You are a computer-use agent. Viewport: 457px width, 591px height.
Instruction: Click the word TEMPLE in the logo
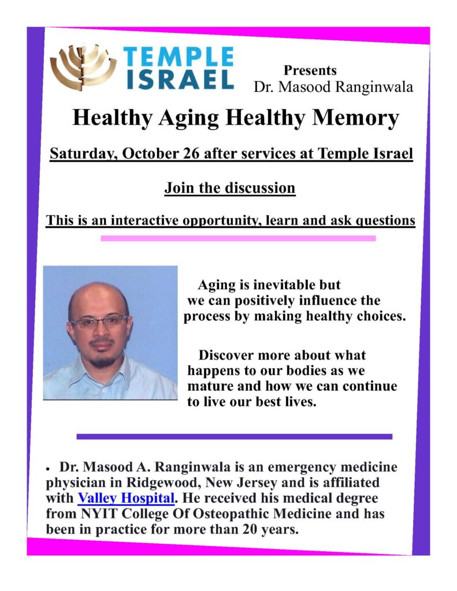[x=179, y=57]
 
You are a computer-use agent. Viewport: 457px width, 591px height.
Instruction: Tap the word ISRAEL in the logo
[x=179, y=79]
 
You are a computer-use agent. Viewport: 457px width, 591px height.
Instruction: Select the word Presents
[x=310, y=70]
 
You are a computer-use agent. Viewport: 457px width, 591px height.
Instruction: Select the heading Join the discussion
[x=230, y=188]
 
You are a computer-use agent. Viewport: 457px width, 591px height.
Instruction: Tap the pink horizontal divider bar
[x=238, y=238]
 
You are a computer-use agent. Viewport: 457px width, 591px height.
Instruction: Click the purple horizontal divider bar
[x=234, y=436]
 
